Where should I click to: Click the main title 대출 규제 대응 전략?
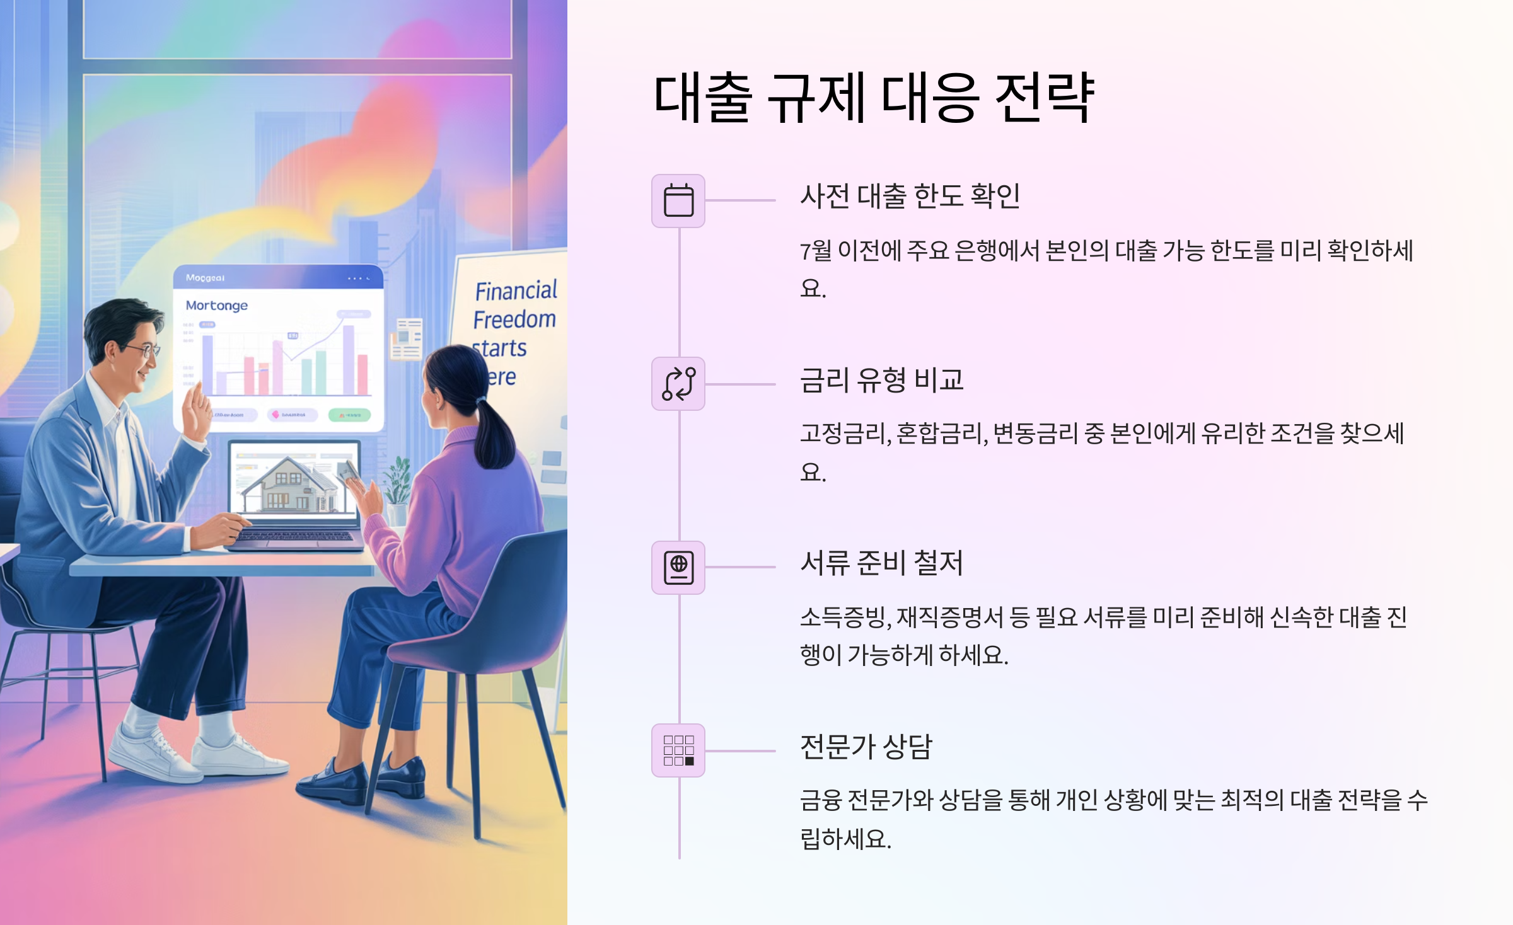click(874, 98)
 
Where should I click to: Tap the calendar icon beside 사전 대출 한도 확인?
click(678, 201)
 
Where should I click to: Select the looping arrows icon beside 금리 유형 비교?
click(678, 384)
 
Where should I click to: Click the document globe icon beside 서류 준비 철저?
click(678, 568)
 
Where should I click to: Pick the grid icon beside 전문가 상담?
click(678, 750)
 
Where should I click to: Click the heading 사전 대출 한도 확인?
click(910, 196)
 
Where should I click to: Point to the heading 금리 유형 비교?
click(881, 380)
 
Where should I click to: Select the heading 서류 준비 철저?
click(881, 563)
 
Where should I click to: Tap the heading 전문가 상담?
click(866, 747)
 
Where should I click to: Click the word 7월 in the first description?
click(816, 251)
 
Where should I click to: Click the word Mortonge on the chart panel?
click(217, 306)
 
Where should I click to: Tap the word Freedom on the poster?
click(514, 319)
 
